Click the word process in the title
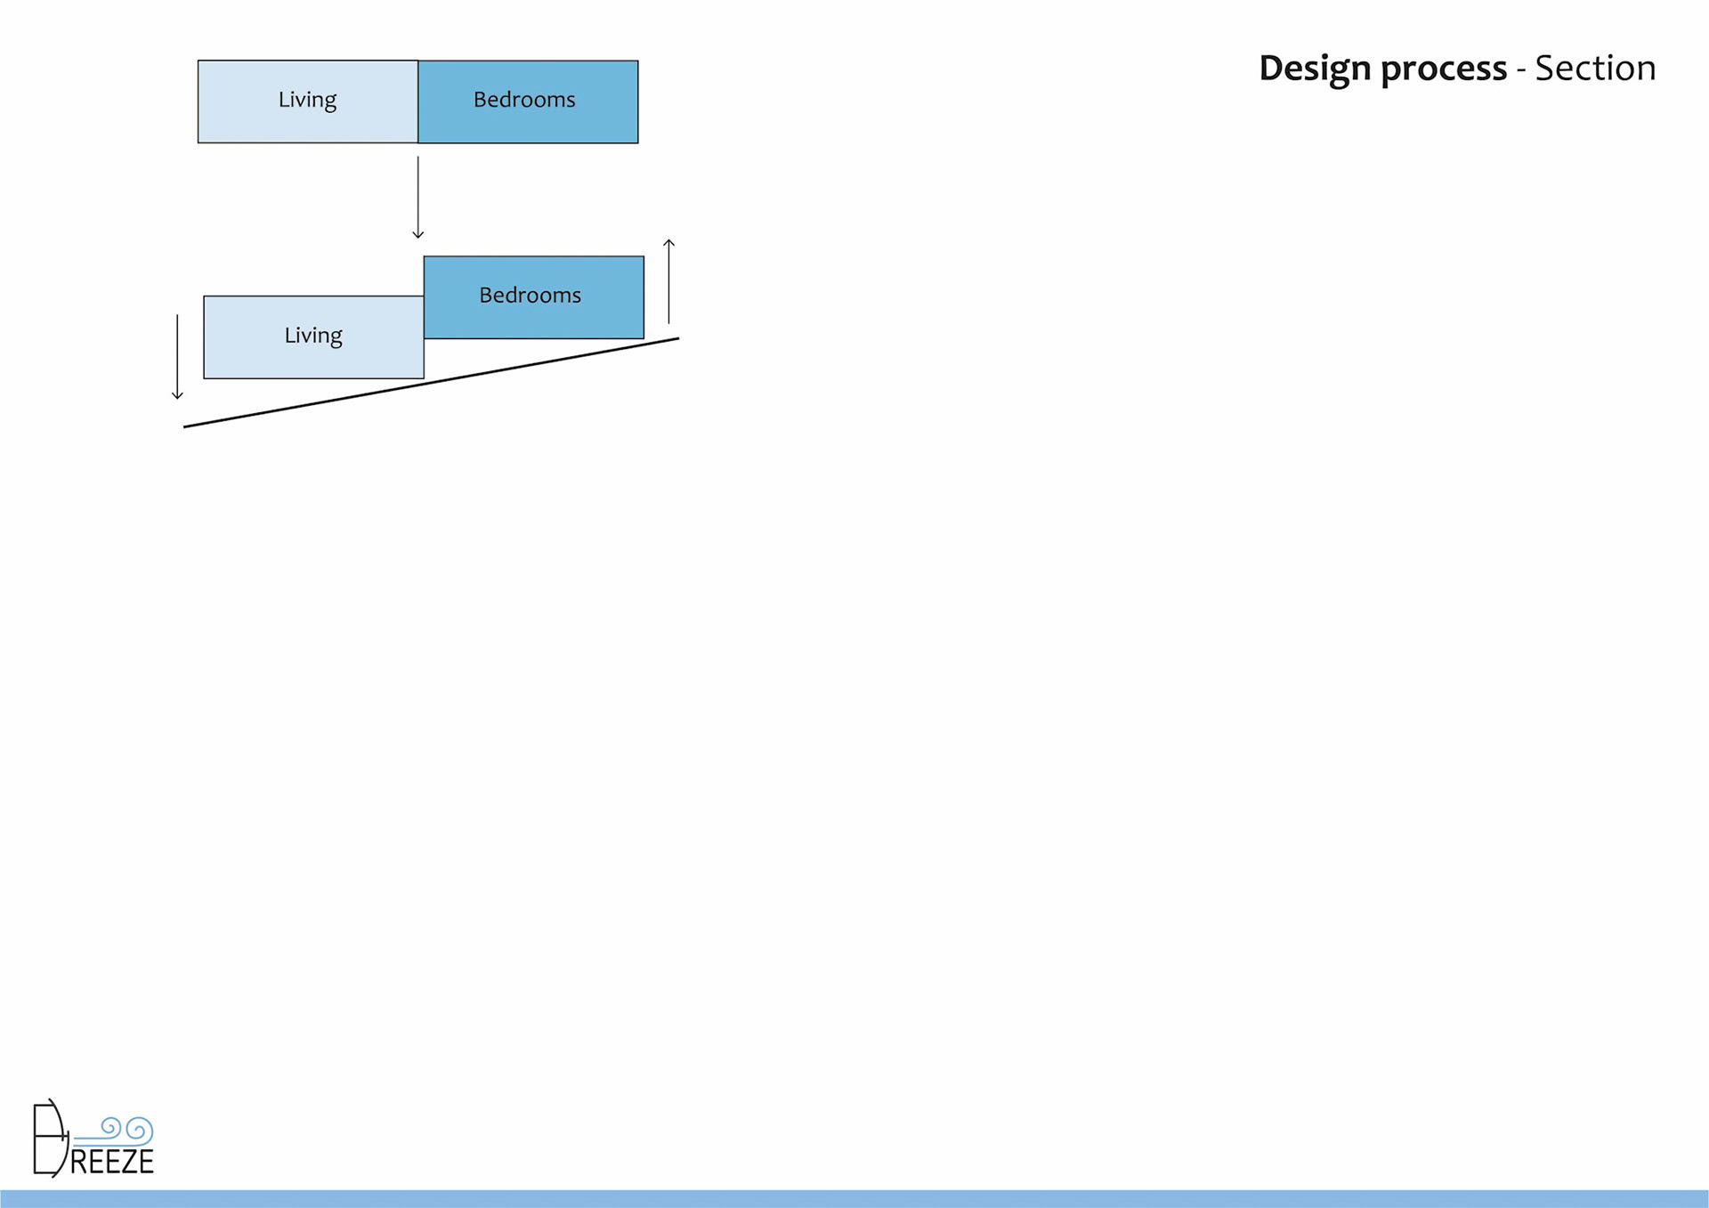(1444, 69)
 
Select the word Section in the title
(1595, 69)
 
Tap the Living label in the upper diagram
(307, 100)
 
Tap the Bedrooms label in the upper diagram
(524, 100)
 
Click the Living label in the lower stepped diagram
(313, 336)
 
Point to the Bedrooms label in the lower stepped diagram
(530, 296)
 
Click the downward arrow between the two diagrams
(417, 196)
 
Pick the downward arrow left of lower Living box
(177, 356)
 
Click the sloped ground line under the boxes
(431, 383)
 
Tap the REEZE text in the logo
(112, 1162)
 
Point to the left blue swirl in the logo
(110, 1127)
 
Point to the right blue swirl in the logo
(140, 1131)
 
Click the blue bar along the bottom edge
(854, 1198)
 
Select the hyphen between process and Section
(1521, 71)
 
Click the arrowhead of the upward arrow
(668, 242)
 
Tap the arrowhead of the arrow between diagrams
(417, 234)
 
